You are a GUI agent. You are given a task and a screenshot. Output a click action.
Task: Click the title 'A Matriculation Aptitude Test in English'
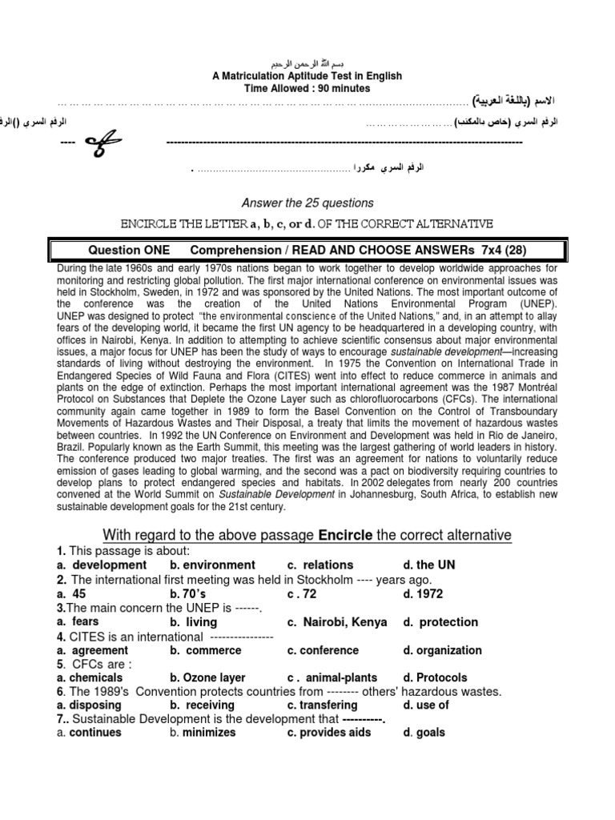point(307,76)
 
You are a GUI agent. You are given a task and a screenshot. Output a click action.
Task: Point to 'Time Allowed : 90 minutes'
point(307,89)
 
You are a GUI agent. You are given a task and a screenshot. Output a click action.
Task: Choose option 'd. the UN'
point(429,565)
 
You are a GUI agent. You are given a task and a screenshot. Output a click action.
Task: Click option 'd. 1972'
point(424,593)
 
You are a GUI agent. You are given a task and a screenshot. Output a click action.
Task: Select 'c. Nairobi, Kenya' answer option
point(337,622)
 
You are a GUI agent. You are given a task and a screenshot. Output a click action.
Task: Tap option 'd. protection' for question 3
point(440,622)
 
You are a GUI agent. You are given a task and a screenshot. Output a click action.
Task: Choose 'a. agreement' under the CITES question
point(92,650)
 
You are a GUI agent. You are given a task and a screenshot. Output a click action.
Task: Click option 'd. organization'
point(442,650)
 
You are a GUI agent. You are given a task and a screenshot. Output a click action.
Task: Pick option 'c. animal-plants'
point(332,678)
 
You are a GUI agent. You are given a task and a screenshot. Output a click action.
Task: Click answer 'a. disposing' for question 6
point(89,705)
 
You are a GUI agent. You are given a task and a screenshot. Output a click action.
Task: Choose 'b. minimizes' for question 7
point(202,733)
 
